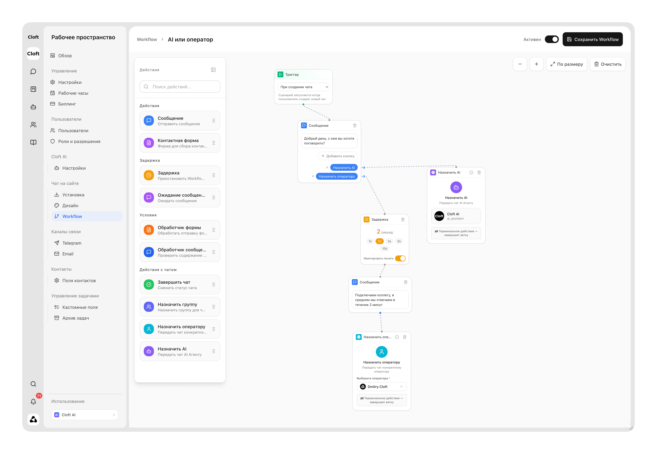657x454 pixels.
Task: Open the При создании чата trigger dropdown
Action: tap(303, 87)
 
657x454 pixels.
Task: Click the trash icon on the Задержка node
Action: tap(403, 219)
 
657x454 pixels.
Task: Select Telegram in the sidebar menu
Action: tap(72, 243)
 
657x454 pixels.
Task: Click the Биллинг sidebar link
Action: tap(67, 104)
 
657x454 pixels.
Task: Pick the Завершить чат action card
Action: tap(180, 285)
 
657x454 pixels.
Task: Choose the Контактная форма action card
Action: tap(180, 143)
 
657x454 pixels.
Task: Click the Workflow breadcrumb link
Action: tap(147, 39)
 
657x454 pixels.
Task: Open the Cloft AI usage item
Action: tap(85, 415)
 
